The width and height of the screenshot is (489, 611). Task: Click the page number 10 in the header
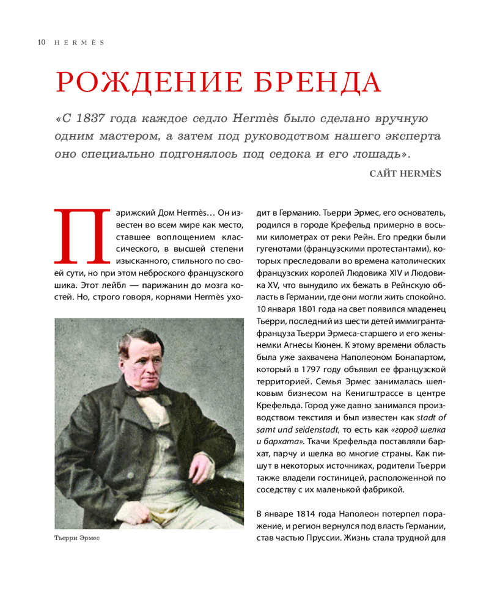pyautogui.click(x=41, y=43)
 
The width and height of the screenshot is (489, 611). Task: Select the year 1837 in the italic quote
pyautogui.click(x=97, y=117)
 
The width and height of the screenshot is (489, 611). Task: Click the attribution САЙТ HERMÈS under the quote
pyautogui.click(x=405, y=173)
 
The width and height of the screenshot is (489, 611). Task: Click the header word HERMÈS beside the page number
pyautogui.click(x=78, y=43)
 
